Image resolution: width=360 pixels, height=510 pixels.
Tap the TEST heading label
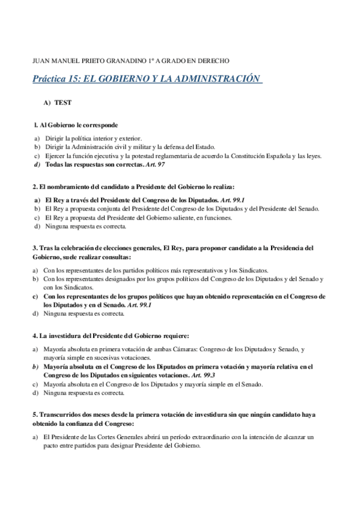click(x=63, y=103)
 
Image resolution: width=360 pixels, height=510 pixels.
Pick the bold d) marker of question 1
click(x=37, y=164)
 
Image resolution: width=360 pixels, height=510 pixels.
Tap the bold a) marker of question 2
click(x=37, y=200)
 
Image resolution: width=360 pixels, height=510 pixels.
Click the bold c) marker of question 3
click(x=37, y=296)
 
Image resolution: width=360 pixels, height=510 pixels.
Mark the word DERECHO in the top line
click(x=215, y=60)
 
